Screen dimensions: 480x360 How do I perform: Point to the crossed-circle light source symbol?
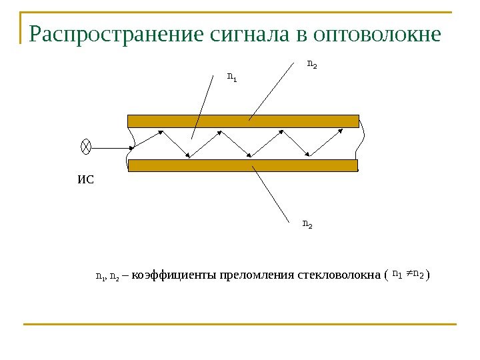pos(86,146)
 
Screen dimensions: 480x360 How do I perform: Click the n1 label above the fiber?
pos(232,78)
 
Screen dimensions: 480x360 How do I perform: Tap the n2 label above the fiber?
pos(311,65)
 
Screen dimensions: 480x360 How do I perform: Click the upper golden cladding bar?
pos(243,121)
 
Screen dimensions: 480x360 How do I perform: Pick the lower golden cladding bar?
pos(243,165)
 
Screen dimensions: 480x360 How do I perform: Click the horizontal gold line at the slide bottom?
pos(240,325)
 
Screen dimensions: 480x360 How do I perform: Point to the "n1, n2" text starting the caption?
pos(107,275)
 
